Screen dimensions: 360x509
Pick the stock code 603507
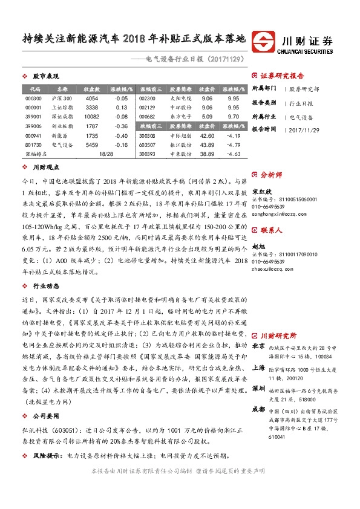147,145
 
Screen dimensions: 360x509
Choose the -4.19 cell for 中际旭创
233,136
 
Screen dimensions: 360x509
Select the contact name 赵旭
258,247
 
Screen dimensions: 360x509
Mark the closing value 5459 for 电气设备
91,145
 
